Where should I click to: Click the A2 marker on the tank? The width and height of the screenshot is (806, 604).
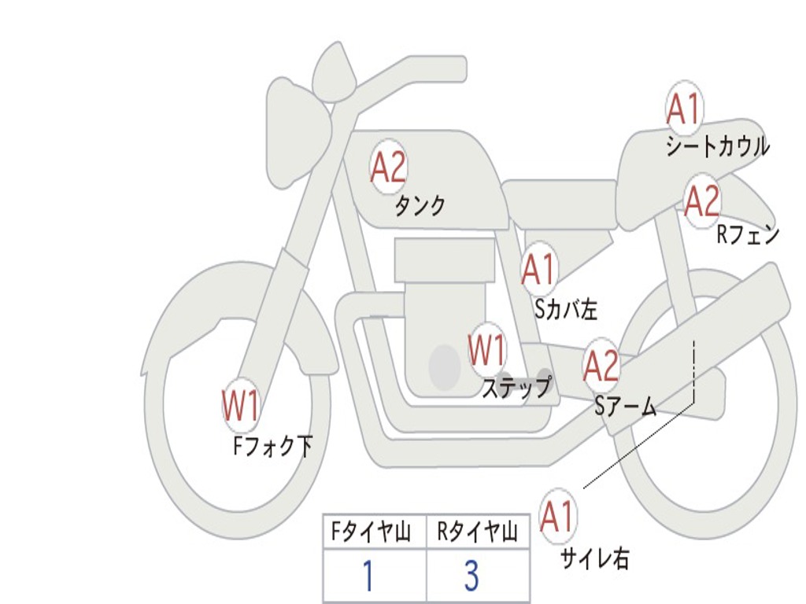coord(388,166)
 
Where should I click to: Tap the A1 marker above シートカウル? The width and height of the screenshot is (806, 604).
coord(683,109)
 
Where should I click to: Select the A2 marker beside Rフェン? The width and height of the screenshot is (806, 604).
coord(701,201)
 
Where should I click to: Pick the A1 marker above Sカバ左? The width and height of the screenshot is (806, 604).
coord(539,270)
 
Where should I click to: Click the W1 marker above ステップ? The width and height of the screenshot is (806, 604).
coord(487,350)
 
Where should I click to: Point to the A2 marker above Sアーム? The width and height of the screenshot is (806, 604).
coord(601,366)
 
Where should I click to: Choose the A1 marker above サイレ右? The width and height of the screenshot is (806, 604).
coord(557,517)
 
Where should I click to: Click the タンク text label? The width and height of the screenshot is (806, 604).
coord(420,206)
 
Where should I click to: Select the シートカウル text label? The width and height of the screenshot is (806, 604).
coord(717,147)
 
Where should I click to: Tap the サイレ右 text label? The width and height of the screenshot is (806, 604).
coord(594,559)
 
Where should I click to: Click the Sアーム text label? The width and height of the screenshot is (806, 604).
coord(626,406)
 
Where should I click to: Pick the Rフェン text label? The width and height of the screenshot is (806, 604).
coord(747,234)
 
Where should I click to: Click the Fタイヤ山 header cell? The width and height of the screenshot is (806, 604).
coord(374,533)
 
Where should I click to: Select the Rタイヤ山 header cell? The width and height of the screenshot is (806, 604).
coord(477,533)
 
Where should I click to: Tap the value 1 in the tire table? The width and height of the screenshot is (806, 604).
coord(367,576)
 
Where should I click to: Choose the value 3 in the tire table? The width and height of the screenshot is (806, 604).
coord(471,576)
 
